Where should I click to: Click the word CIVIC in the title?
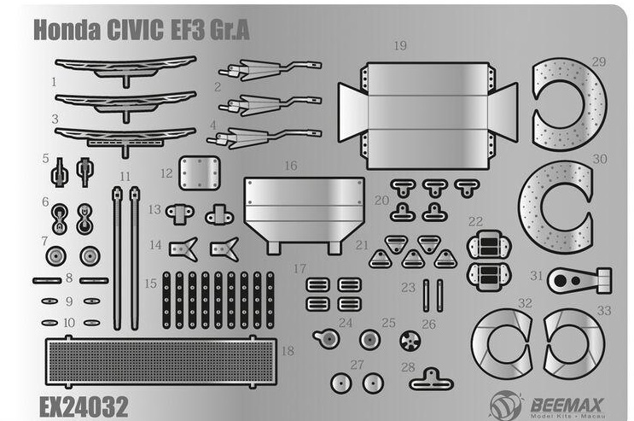click(x=136, y=30)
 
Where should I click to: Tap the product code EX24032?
click(x=84, y=406)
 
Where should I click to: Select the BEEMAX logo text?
click(x=567, y=405)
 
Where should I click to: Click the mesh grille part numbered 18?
click(x=161, y=361)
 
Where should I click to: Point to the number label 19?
click(x=400, y=46)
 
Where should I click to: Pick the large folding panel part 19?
click(x=428, y=116)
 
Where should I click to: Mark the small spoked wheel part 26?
click(x=410, y=341)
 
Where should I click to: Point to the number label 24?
click(x=346, y=323)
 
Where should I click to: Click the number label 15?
click(x=151, y=284)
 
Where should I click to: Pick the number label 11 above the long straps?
click(x=125, y=177)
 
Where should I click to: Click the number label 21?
click(x=362, y=245)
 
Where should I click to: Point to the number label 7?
click(x=44, y=242)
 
